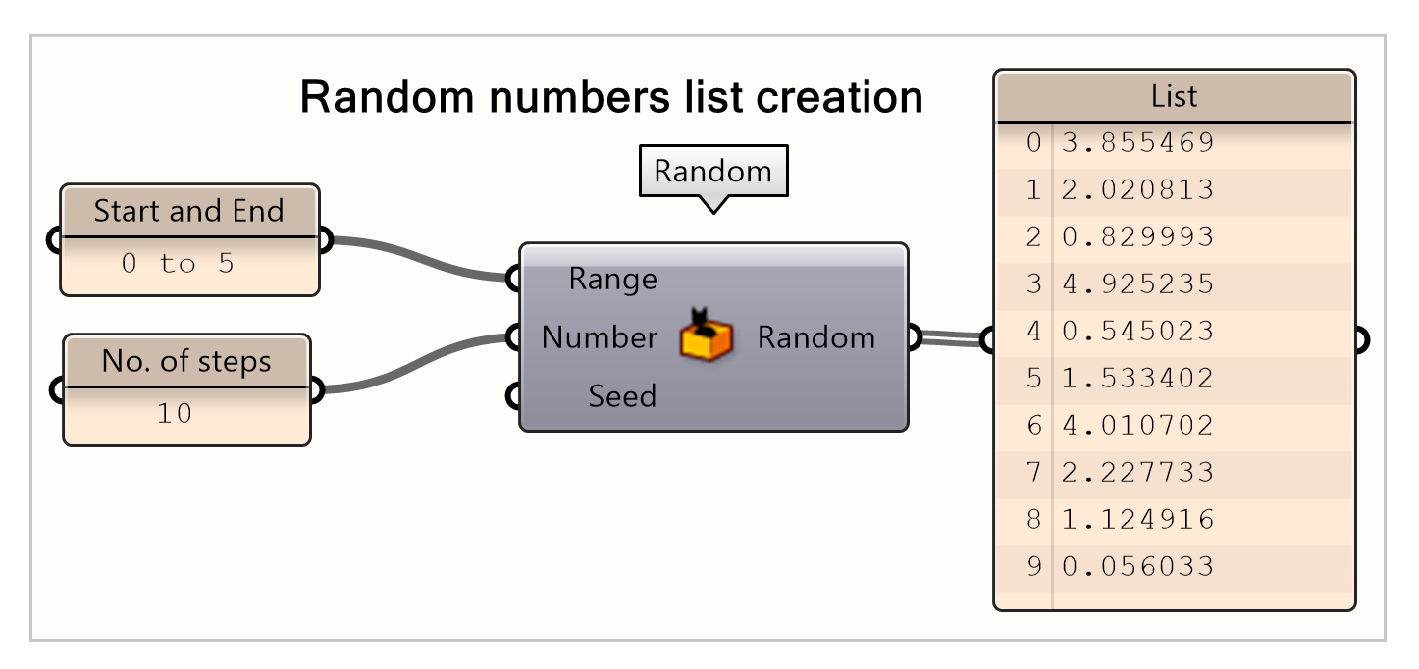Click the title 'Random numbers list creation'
610,98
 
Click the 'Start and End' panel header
188,211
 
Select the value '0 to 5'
178,264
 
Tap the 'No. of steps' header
186,361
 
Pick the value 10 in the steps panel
175,414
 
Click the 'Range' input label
612,280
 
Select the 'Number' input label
599,338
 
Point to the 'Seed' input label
622,396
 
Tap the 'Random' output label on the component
815,338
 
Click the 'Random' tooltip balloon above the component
712,172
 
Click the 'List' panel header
1174,96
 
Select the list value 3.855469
1137,143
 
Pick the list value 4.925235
1137,284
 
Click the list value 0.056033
1137,567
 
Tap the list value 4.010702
1137,426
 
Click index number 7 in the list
1032,473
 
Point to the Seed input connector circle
513,397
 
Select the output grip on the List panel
1360,340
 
